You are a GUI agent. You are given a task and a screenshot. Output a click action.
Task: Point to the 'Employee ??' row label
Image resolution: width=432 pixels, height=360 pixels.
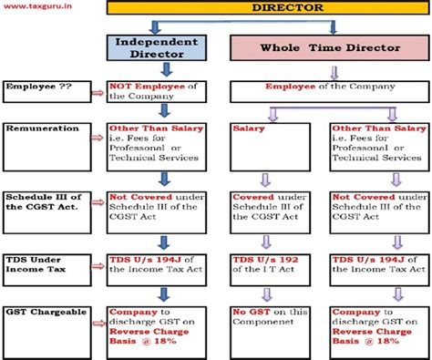pos(44,91)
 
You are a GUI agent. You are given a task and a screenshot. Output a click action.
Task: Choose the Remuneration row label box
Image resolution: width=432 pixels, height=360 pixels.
pos(44,143)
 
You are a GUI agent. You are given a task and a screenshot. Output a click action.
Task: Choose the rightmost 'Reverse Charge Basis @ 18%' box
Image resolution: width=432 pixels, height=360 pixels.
pos(377,329)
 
